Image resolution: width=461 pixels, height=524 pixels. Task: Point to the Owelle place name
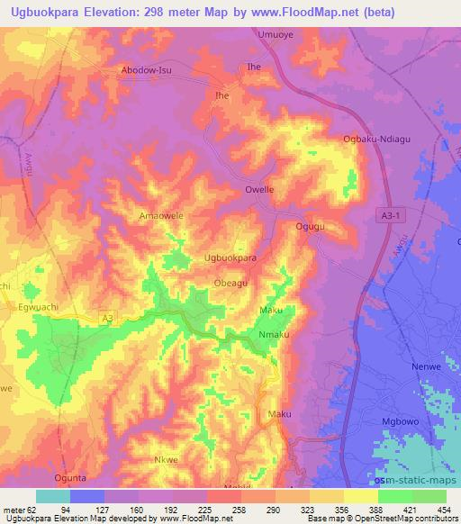(x=260, y=190)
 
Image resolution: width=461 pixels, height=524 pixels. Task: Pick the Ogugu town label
(x=310, y=227)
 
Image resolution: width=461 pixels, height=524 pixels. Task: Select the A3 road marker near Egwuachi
(x=107, y=317)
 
